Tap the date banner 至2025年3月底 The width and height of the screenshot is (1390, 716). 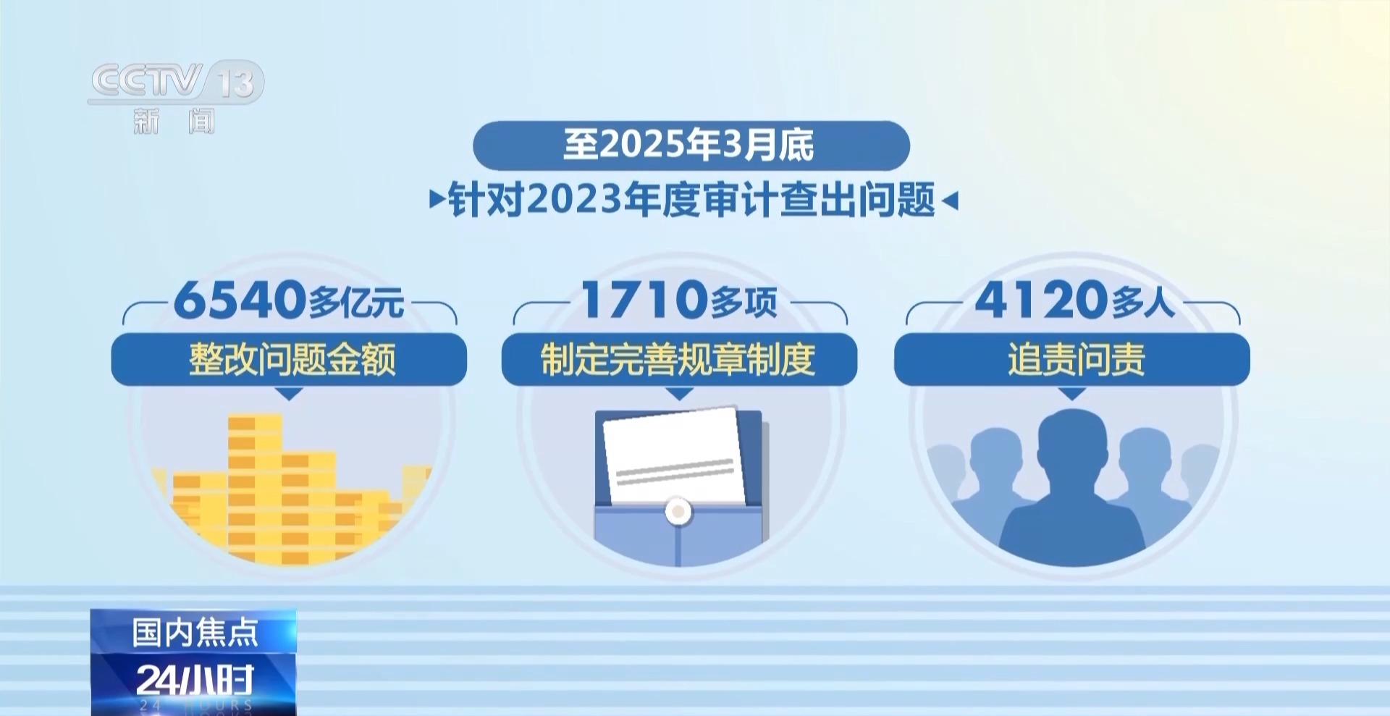(690, 145)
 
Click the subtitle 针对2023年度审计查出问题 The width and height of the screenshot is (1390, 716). (691, 200)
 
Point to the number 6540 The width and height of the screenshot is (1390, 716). (240, 299)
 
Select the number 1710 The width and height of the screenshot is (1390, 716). (644, 299)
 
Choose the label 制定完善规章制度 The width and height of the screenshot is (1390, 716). (678, 359)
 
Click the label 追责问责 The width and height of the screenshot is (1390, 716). (1074, 359)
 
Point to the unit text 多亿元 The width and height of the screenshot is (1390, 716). (356, 303)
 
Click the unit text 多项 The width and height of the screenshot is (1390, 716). (744, 303)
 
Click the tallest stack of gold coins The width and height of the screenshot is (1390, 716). (254, 485)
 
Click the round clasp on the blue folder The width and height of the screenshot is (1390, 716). (678, 511)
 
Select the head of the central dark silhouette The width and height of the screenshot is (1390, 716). (1072, 439)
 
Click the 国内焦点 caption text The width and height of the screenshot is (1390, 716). (195, 633)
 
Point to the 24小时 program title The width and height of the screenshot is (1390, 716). (195, 680)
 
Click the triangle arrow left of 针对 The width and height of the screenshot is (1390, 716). (437, 200)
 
